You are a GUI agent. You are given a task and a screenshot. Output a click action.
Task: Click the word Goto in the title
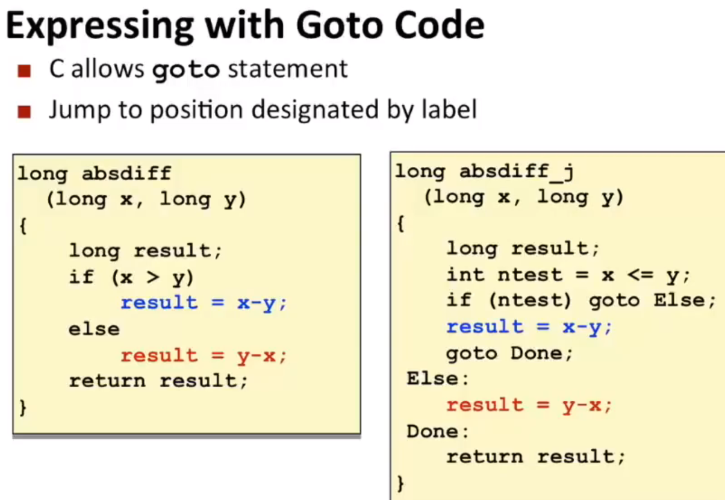coord(340,26)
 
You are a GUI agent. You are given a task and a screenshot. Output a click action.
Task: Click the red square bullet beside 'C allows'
coord(24,71)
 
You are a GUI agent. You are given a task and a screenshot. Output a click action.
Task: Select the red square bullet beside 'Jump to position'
coord(24,112)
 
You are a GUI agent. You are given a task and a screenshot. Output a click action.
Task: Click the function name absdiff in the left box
coord(126,173)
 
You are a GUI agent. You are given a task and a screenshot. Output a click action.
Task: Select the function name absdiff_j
coord(517,171)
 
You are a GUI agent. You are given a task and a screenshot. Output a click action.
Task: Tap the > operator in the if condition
coord(153,277)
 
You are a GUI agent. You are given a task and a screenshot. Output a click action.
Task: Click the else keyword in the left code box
coord(94,330)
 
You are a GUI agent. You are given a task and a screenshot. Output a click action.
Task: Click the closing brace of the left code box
coord(23,407)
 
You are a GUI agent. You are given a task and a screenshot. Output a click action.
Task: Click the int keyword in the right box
coord(465,275)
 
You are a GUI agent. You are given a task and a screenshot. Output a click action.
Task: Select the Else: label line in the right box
coord(438,378)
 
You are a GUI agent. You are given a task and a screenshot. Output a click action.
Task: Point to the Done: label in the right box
coord(438,431)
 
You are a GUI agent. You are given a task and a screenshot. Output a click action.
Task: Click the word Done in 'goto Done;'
coord(537,353)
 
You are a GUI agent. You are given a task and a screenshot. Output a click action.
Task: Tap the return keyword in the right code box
coord(485,457)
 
